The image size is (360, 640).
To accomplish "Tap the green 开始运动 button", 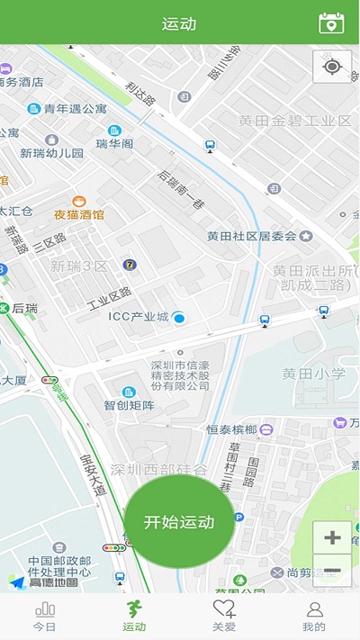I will coord(179,522).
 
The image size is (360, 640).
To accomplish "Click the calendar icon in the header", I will coord(332,23).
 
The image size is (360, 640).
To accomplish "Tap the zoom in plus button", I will coord(332,538).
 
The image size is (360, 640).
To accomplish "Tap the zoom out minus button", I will coord(332,571).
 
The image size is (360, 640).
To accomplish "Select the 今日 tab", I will coord(44,617).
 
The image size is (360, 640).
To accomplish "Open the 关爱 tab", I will coord(224,617).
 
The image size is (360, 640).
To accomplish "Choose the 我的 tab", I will coord(314,617).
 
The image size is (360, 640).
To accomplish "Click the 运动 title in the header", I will coord(179,23).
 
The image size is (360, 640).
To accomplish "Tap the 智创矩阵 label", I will coord(129,405).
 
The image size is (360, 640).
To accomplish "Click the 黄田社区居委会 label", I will coord(252,237).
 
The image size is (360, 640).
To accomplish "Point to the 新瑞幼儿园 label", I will coord(52,153).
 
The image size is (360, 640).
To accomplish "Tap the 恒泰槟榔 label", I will coord(232,429).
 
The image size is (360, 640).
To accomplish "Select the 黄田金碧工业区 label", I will coord(294,121).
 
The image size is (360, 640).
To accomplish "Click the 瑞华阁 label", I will coord(114,143).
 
